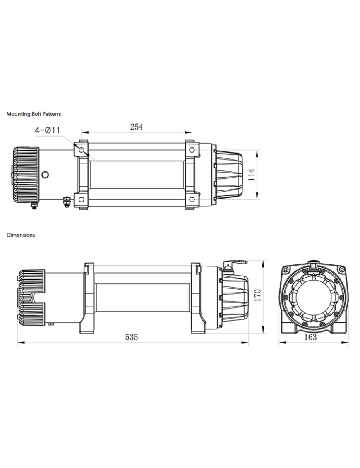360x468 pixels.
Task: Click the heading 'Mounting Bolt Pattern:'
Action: (x=34, y=113)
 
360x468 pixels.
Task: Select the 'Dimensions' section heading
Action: (x=21, y=235)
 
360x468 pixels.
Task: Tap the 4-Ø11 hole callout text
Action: (x=48, y=130)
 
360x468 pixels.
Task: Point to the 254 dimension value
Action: (x=137, y=127)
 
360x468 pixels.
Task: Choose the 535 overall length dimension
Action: (x=131, y=337)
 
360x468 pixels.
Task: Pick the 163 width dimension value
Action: (x=310, y=337)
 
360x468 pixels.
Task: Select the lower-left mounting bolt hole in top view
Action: (x=82, y=200)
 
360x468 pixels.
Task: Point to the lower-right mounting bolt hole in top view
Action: (x=191, y=200)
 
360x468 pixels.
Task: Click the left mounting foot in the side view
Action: (x=88, y=323)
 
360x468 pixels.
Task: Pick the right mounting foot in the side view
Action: (x=198, y=323)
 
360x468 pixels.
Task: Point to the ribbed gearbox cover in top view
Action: (x=230, y=175)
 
